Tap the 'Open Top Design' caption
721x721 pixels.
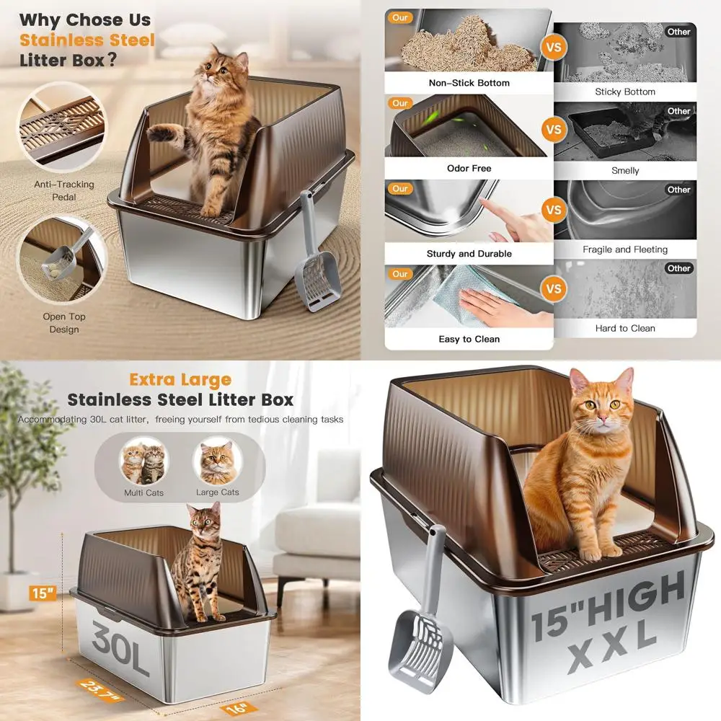pyautogui.click(x=64, y=323)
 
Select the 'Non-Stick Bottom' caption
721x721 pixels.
pyautogui.click(x=469, y=83)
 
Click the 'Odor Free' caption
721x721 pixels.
pyautogui.click(x=469, y=168)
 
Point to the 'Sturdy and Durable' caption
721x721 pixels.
pyautogui.click(x=469, y=254)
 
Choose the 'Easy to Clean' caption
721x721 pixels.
pyautogui.click(x=469, y=339)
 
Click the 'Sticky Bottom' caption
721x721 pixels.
pyautogui.click(x=625, y=92)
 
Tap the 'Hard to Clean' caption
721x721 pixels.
pyautogui.click(x=625, y=328)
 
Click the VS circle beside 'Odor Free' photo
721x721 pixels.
pyautogui.click(x=554, y=130)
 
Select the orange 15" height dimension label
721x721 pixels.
pyautogui.click(x=43, y=593)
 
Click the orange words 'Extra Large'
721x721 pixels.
pyautogui.click(x=180, y=379)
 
